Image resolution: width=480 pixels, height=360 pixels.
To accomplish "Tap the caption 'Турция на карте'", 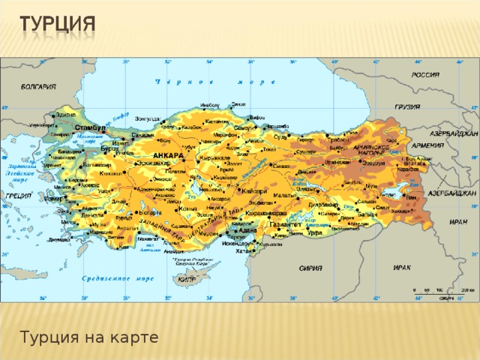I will (89, 337).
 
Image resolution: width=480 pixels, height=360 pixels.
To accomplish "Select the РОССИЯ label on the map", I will (424, 75).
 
